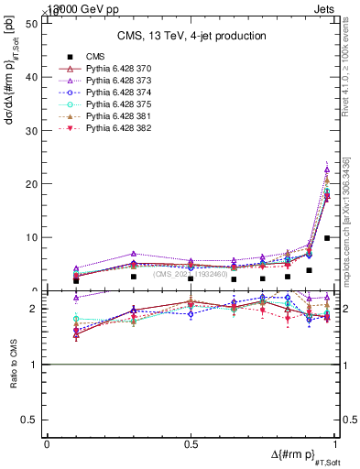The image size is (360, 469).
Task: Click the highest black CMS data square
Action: [x=327, y=238]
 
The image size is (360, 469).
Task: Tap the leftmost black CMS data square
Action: [x=76, y=279]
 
